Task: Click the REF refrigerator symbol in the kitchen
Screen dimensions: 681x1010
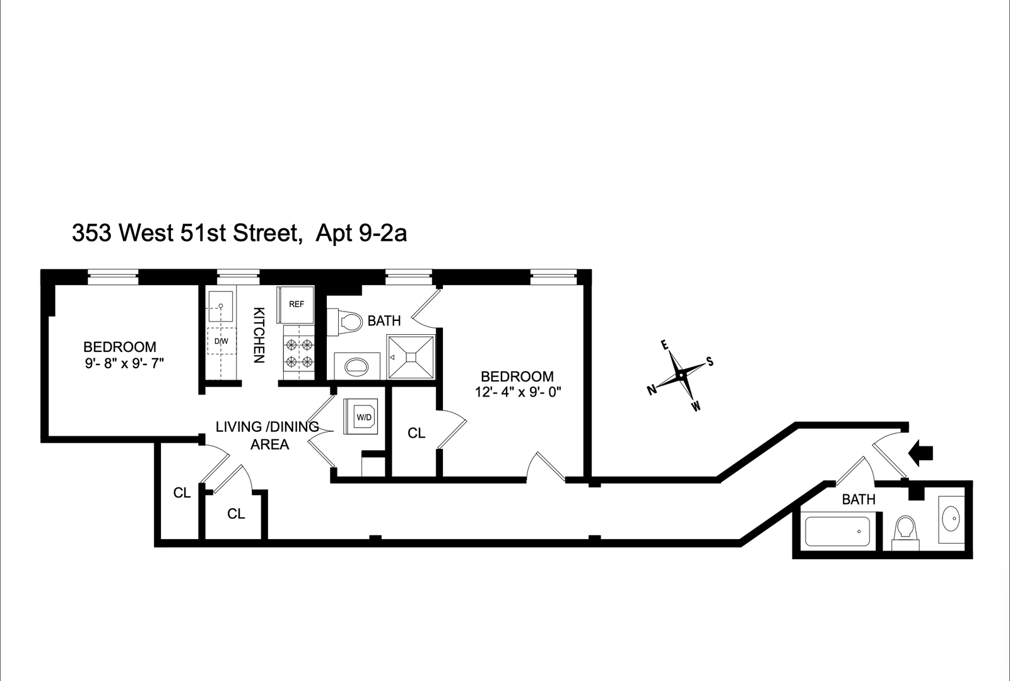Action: tap(296, 304)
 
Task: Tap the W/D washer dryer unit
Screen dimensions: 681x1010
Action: tap(361, 417)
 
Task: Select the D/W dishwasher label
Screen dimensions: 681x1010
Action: tap(221, 341)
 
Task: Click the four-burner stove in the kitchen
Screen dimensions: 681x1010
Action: tap(299, 353)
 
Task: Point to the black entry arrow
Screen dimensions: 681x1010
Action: tap(922, 451)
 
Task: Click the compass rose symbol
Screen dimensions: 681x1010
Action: tap(681, 375)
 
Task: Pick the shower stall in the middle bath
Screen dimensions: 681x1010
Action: tap(411, 357)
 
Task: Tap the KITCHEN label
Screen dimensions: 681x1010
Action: tap(258, 335)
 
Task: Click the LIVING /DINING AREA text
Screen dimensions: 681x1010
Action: tap(267, 435)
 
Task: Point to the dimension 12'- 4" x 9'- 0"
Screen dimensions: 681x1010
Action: tap(518, 392)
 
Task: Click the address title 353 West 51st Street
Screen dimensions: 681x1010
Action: tap(184, 234)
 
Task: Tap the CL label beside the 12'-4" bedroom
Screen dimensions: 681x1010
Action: tap(416, 433)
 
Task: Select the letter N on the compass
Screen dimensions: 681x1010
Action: tap(651, 390)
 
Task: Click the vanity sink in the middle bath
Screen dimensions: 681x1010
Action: tap(356, 366)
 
